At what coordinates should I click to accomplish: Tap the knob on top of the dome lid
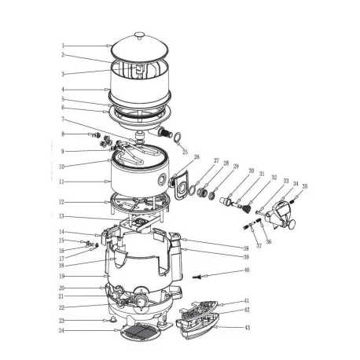(139, 35)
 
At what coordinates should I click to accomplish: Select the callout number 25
(186, 151)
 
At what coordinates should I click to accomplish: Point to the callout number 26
(197, 157)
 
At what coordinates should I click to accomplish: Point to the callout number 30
(252, 171)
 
